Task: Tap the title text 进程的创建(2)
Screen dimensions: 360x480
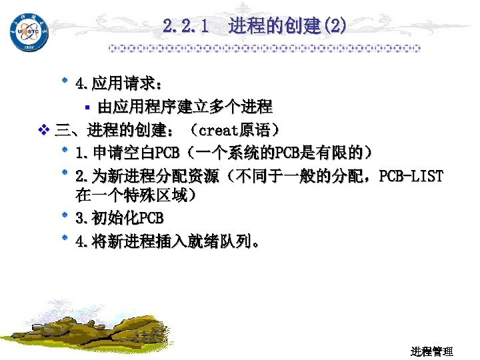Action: pyautogui.click(x=287, y=27)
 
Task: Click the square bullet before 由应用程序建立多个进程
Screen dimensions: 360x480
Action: pyautogui.click(x=87, y=107)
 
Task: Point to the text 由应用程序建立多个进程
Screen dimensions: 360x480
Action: pyautogui.click(x=185, y=107)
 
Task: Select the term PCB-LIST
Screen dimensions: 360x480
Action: pyautogui.click(x=411, y=176)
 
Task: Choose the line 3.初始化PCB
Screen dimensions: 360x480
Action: pyautogui.click(x=119, y=218)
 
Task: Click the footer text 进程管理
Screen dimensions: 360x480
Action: pyautogui.click(x=432, y=351)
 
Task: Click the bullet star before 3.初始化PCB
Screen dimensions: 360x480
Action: pyautogui.click(x=65, y=217)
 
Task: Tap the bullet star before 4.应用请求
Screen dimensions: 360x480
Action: pyautogui.click(x=65, y=83)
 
